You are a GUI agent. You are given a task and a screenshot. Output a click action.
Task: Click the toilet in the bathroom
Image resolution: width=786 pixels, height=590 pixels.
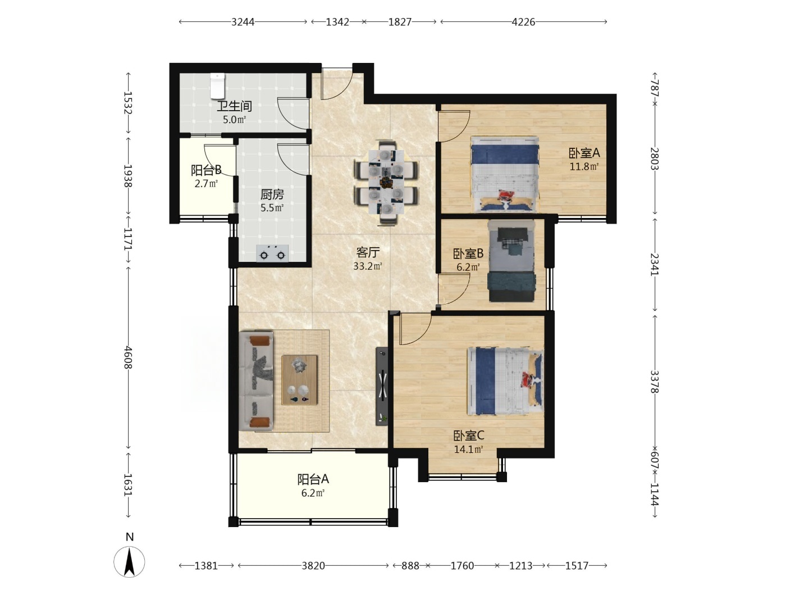click(x=217, y=85)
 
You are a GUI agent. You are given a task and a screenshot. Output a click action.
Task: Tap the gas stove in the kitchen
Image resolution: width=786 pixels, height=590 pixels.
click(x=272, y=253)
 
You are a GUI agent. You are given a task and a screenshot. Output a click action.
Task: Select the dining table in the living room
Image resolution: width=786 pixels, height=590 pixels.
click(x=386, y=183)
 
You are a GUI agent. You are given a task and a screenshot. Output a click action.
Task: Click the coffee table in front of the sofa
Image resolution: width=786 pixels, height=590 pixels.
click(x=299, y=380)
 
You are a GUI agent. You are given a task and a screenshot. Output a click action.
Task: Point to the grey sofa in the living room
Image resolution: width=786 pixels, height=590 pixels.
click(x=256, y=381)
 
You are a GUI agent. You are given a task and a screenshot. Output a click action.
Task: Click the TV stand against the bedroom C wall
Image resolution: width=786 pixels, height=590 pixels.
click(x=382, y=386)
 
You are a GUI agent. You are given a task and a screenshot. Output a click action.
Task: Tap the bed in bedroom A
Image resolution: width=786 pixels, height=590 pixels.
click(x=505, y=174)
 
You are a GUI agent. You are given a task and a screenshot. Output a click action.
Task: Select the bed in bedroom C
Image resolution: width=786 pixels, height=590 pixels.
click(x=505, y=381)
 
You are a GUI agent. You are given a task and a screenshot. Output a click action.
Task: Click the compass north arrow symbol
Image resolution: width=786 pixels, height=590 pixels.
click(x=129, y=562)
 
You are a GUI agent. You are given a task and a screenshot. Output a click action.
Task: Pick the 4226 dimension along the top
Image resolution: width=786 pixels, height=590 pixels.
click(x=523, y=22)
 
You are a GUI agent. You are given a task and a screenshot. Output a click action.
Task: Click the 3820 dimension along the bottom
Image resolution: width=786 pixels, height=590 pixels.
click(x=313, y=566)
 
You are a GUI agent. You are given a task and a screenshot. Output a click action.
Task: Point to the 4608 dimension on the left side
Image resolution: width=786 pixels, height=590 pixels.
click(x=128, y=357)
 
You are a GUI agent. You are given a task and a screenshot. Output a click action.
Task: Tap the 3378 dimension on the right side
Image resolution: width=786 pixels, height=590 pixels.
click(x=655, y=382)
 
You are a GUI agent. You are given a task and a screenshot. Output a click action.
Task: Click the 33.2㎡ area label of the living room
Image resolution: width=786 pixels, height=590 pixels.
click(x=368, y=266)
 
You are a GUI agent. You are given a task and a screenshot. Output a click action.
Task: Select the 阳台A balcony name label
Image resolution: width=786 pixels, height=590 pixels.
click(x=313, y=479)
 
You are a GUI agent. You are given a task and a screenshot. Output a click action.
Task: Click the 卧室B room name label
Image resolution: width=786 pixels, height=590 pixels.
click(x=468, y=253)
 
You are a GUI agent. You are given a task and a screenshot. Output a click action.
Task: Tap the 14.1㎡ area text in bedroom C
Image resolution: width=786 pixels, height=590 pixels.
click(x=469, y=449)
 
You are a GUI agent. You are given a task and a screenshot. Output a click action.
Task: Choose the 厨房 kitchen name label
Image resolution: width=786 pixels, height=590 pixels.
click(x=272, y=194)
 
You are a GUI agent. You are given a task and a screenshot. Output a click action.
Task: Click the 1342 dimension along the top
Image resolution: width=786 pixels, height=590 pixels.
click(x=337, y=22)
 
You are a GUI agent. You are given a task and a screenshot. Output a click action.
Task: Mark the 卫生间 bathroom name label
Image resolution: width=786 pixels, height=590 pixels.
click(x=234, y=106)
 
